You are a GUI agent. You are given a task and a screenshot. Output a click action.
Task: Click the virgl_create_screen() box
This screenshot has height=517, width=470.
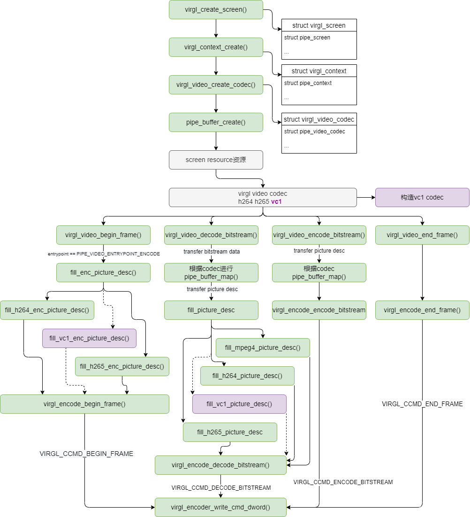[216, 9]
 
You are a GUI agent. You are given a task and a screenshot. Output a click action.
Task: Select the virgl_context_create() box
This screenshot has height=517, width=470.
[216, 47]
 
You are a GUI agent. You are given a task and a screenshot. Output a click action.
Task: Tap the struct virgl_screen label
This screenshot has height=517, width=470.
[319, 25]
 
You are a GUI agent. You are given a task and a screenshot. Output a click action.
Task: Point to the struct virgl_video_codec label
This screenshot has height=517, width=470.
[319, 119]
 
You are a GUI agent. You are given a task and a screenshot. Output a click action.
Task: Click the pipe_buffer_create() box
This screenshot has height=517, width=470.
[216, 122]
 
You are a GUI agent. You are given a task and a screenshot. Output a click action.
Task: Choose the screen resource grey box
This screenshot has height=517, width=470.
[216, 160]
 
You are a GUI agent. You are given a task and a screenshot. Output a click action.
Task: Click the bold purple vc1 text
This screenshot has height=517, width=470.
[276, 201]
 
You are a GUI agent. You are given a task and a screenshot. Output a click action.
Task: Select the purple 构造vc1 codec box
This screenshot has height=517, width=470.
[422, 197]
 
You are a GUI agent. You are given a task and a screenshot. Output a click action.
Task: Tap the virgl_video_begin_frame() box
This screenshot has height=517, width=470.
[103, 235]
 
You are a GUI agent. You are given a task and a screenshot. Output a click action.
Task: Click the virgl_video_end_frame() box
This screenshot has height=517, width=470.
[422, 235]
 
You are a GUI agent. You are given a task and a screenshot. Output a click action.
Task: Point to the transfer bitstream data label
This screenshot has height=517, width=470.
[212, 252]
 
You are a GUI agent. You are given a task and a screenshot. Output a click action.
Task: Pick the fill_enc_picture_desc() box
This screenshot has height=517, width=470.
[103, 272]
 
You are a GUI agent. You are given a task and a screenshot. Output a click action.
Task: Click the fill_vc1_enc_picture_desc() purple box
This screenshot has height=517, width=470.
[89, 338]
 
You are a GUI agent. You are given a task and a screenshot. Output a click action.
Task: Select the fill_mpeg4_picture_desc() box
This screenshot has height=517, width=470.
[263, 347]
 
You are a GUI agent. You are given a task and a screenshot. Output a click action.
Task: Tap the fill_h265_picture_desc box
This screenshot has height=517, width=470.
[230, 432]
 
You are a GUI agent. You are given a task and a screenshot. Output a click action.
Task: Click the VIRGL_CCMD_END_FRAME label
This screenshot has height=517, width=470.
[422, 404]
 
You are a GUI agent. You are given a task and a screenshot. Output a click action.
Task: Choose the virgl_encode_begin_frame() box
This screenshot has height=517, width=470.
[84, 404]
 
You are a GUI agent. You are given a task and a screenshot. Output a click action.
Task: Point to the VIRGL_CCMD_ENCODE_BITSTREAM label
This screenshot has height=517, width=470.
[343, 482]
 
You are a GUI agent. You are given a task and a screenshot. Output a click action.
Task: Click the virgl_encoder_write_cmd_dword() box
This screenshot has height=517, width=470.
[220, 507]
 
